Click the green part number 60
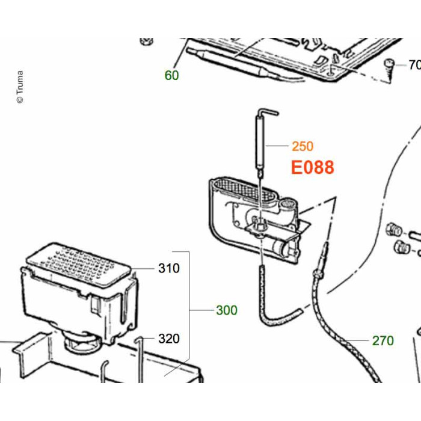coord(172,75)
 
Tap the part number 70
coord(414,65)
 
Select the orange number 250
coord(303,146)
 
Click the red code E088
coord(312,167)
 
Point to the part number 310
coord(169,268)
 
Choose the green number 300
coord(227,310)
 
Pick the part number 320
coord(169,339)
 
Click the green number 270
coord(383,341)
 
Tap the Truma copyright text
coord(20,87)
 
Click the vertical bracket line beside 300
coord(190,310)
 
